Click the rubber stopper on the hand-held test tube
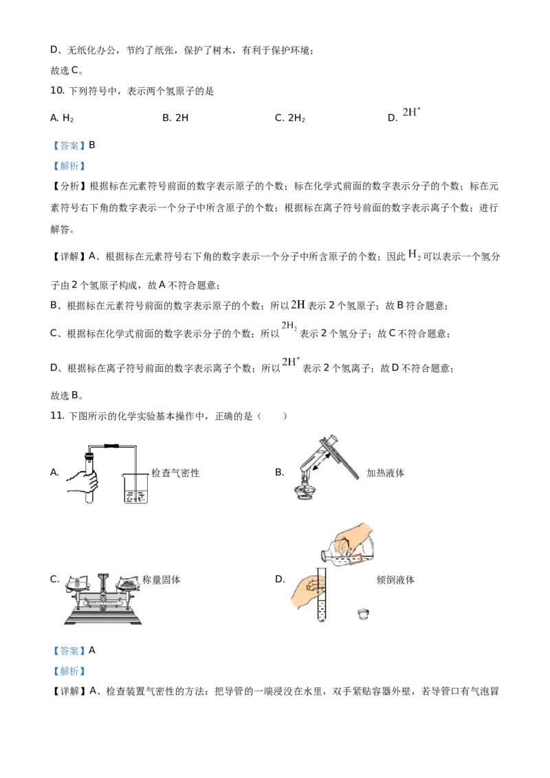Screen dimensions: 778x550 coord(88,454)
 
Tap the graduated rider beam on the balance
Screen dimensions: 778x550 coord(102,605)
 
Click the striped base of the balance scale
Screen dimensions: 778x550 coord(102,618)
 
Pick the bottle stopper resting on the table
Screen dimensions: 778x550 coord(364,614)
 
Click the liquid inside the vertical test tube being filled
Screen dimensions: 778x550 coord(320,608)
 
